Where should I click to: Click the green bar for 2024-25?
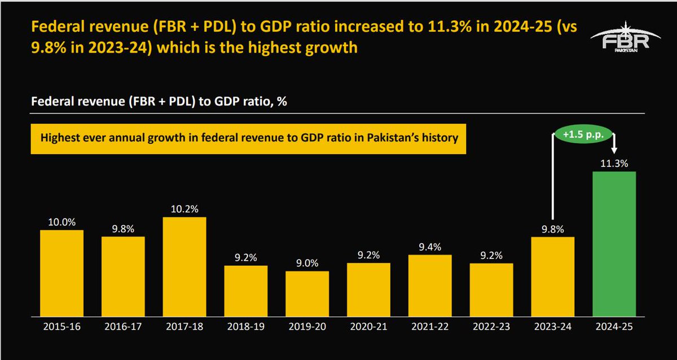[614, 243]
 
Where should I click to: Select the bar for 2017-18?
[184, 266]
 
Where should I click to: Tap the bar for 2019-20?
[307, 293]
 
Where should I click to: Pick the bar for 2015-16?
[61, 273]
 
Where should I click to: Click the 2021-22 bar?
[430, 285]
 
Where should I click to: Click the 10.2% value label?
[184, 209]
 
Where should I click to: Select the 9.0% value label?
[307, 263]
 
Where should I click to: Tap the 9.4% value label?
[430, 247]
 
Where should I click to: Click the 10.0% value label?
[61, 222]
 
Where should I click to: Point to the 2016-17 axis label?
[123, 327]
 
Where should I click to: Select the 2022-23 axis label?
[491, 327]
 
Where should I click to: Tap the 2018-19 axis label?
[245, 327]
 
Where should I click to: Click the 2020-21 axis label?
[368, 327]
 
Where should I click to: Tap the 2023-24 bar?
[553, 276]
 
